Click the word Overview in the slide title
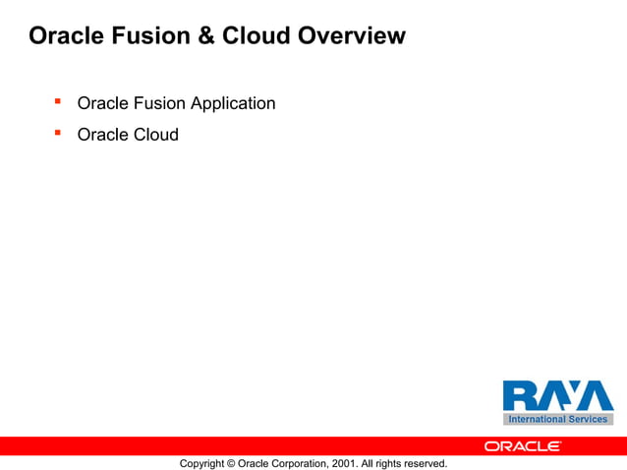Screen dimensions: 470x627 tap(351, 36)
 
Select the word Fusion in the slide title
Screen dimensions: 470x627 tap(150, 36)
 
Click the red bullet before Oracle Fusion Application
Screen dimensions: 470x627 tap(58, 101)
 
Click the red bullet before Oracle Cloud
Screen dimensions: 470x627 tap(58, 133)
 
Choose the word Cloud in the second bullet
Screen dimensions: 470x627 tap(155, 135)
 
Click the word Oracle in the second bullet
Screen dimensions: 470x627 tap(102, 135)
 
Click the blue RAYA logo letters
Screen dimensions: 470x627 tap(557, 396)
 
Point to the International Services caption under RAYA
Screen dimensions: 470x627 tap(557, 419)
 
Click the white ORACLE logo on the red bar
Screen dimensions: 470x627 tap(523, 446)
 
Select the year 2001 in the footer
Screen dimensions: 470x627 tap(342, 463)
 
